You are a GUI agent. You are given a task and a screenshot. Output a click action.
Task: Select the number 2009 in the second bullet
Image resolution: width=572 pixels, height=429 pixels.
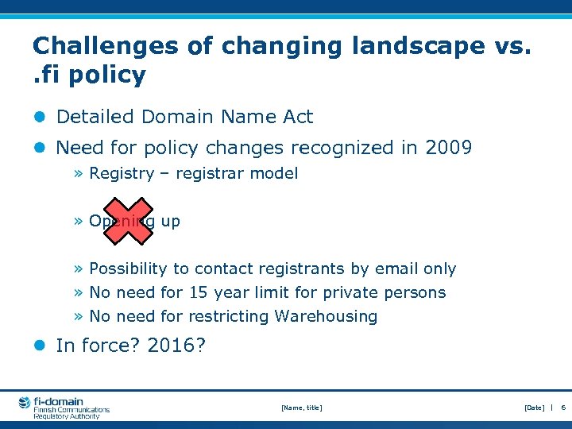[449, 148]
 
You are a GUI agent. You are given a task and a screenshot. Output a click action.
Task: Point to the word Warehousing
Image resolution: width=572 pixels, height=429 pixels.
[326, 316]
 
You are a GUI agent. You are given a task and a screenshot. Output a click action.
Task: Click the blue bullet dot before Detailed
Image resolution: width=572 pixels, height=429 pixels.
[39, 117]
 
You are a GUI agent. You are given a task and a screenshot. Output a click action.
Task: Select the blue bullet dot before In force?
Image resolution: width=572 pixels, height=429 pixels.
[39, 346]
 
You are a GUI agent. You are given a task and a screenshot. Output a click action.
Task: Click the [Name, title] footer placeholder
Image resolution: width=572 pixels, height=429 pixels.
[302, 408]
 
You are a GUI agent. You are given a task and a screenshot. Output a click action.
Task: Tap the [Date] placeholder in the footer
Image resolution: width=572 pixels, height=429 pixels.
[534, 408]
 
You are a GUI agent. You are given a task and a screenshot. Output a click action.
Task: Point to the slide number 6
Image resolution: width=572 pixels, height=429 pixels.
[562, 408]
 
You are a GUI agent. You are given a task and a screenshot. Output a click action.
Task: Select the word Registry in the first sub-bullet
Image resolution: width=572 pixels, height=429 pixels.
[121, 173]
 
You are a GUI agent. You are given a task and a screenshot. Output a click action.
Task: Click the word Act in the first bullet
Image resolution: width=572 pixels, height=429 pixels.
[298, 117]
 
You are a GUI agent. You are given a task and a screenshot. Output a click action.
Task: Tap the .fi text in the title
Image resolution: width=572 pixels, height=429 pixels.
[48, 75]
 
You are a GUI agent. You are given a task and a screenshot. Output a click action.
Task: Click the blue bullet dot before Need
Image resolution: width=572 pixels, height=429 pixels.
[39, 148]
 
